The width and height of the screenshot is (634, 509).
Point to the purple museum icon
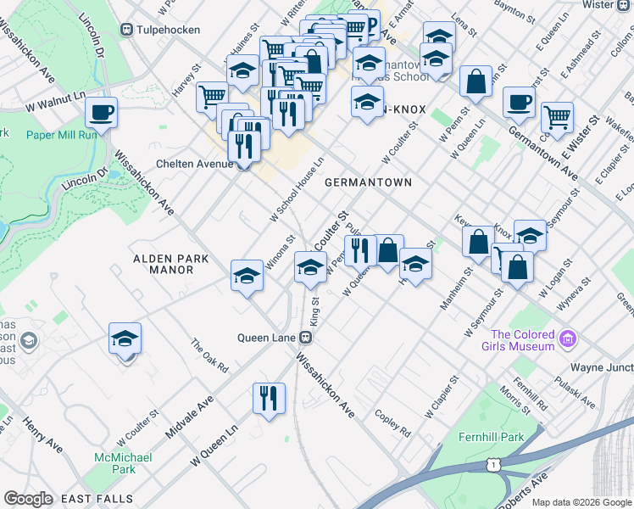568,341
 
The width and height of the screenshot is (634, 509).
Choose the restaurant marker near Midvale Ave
270,398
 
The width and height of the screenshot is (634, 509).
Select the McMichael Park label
124,463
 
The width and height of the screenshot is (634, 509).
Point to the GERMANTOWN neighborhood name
368,182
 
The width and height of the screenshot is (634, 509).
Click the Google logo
28,498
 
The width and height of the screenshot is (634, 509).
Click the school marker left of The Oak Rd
125,339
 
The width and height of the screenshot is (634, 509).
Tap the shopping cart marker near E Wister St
557,118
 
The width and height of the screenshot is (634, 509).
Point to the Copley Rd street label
393,425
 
